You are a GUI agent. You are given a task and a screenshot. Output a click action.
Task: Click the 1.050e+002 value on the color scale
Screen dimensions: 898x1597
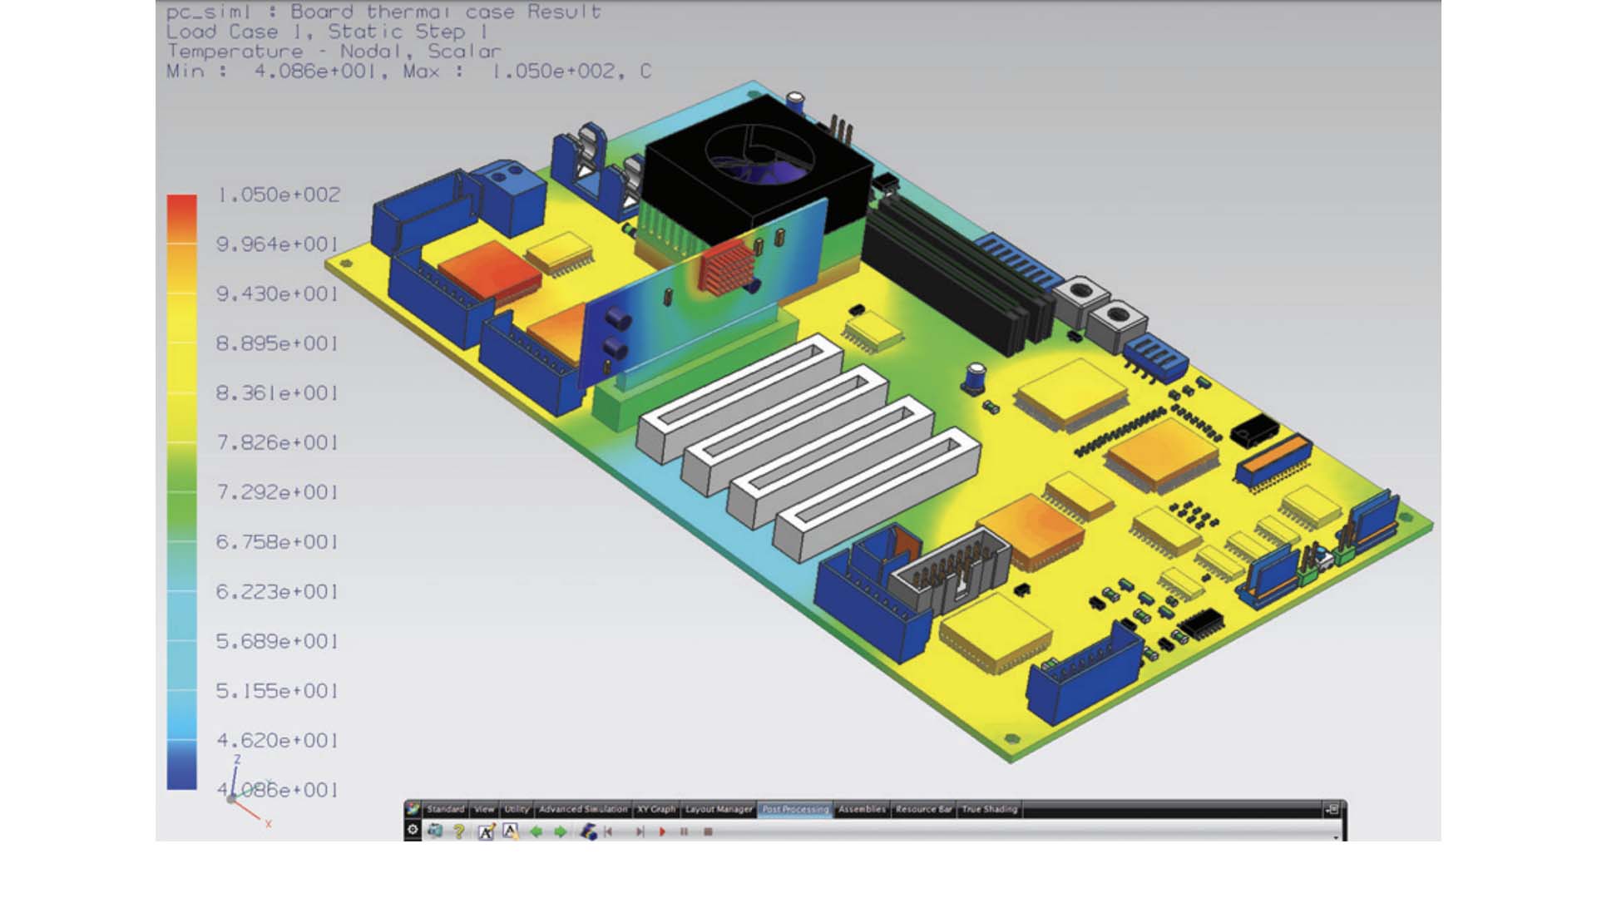point(278,195)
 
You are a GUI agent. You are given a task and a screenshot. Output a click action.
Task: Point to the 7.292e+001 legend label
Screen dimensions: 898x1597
point(278,492)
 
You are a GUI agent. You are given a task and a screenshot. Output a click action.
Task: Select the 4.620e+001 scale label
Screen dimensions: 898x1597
point(278,740)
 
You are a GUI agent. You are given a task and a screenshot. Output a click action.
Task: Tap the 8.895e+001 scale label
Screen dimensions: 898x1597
point(278,343)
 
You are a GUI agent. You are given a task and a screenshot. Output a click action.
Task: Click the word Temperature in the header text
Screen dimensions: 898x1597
point(235,52)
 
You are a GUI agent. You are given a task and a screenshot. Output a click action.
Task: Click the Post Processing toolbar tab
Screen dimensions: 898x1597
point(795,809)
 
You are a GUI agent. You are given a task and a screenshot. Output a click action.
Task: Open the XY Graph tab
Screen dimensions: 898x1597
point(656,809)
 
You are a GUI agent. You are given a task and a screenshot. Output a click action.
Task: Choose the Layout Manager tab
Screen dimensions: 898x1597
point(719,809)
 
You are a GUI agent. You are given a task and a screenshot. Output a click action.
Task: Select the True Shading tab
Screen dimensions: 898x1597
point(989,809)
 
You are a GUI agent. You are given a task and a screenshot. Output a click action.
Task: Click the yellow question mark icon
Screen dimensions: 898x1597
point(458,831)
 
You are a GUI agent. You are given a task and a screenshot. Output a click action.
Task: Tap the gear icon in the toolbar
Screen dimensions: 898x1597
point(413,830)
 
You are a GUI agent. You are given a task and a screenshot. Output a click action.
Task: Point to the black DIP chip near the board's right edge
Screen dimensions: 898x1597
point(1254,430)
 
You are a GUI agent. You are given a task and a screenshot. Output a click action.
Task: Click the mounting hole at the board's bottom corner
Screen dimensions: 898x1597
point(1012,738)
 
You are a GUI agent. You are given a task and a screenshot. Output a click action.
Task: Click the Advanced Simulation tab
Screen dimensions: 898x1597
point(582,809)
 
